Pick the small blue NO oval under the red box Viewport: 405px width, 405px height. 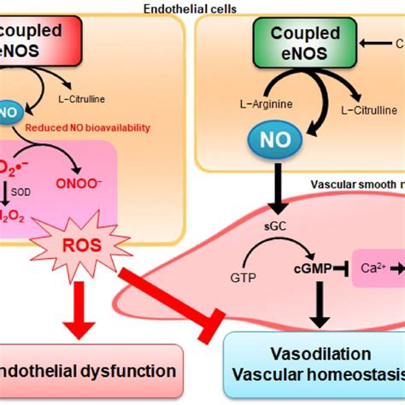coord(9,111)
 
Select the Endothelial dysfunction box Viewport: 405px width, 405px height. coord(90,372)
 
